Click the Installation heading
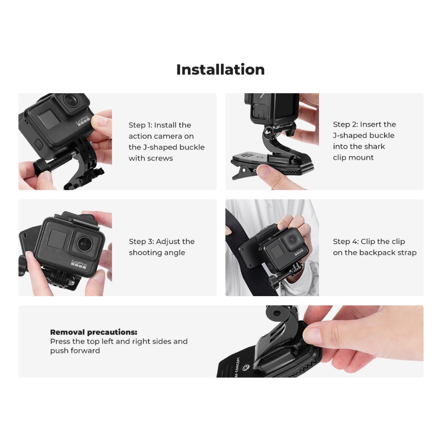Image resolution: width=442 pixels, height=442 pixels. tap(221, 69)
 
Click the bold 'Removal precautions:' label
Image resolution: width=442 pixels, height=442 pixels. tap(94, 332)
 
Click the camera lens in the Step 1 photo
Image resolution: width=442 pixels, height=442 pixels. tap(70, 100)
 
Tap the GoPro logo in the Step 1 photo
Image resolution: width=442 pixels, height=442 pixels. tap(82, 120)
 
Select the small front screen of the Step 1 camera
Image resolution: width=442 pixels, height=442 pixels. tap(49, 119)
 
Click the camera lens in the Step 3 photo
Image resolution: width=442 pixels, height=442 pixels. tap(85, 243)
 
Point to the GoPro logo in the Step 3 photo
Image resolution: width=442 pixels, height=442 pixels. tap(79, 264)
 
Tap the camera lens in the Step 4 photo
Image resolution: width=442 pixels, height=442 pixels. tap(292, 240)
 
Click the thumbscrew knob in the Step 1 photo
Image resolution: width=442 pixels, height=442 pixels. tap(42, 166)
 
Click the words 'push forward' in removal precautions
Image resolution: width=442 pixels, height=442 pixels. tap(75, 350)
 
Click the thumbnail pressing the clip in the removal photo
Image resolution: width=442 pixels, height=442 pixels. tap(313, 334)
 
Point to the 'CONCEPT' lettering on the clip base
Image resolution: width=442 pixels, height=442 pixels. tap(238, 365)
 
